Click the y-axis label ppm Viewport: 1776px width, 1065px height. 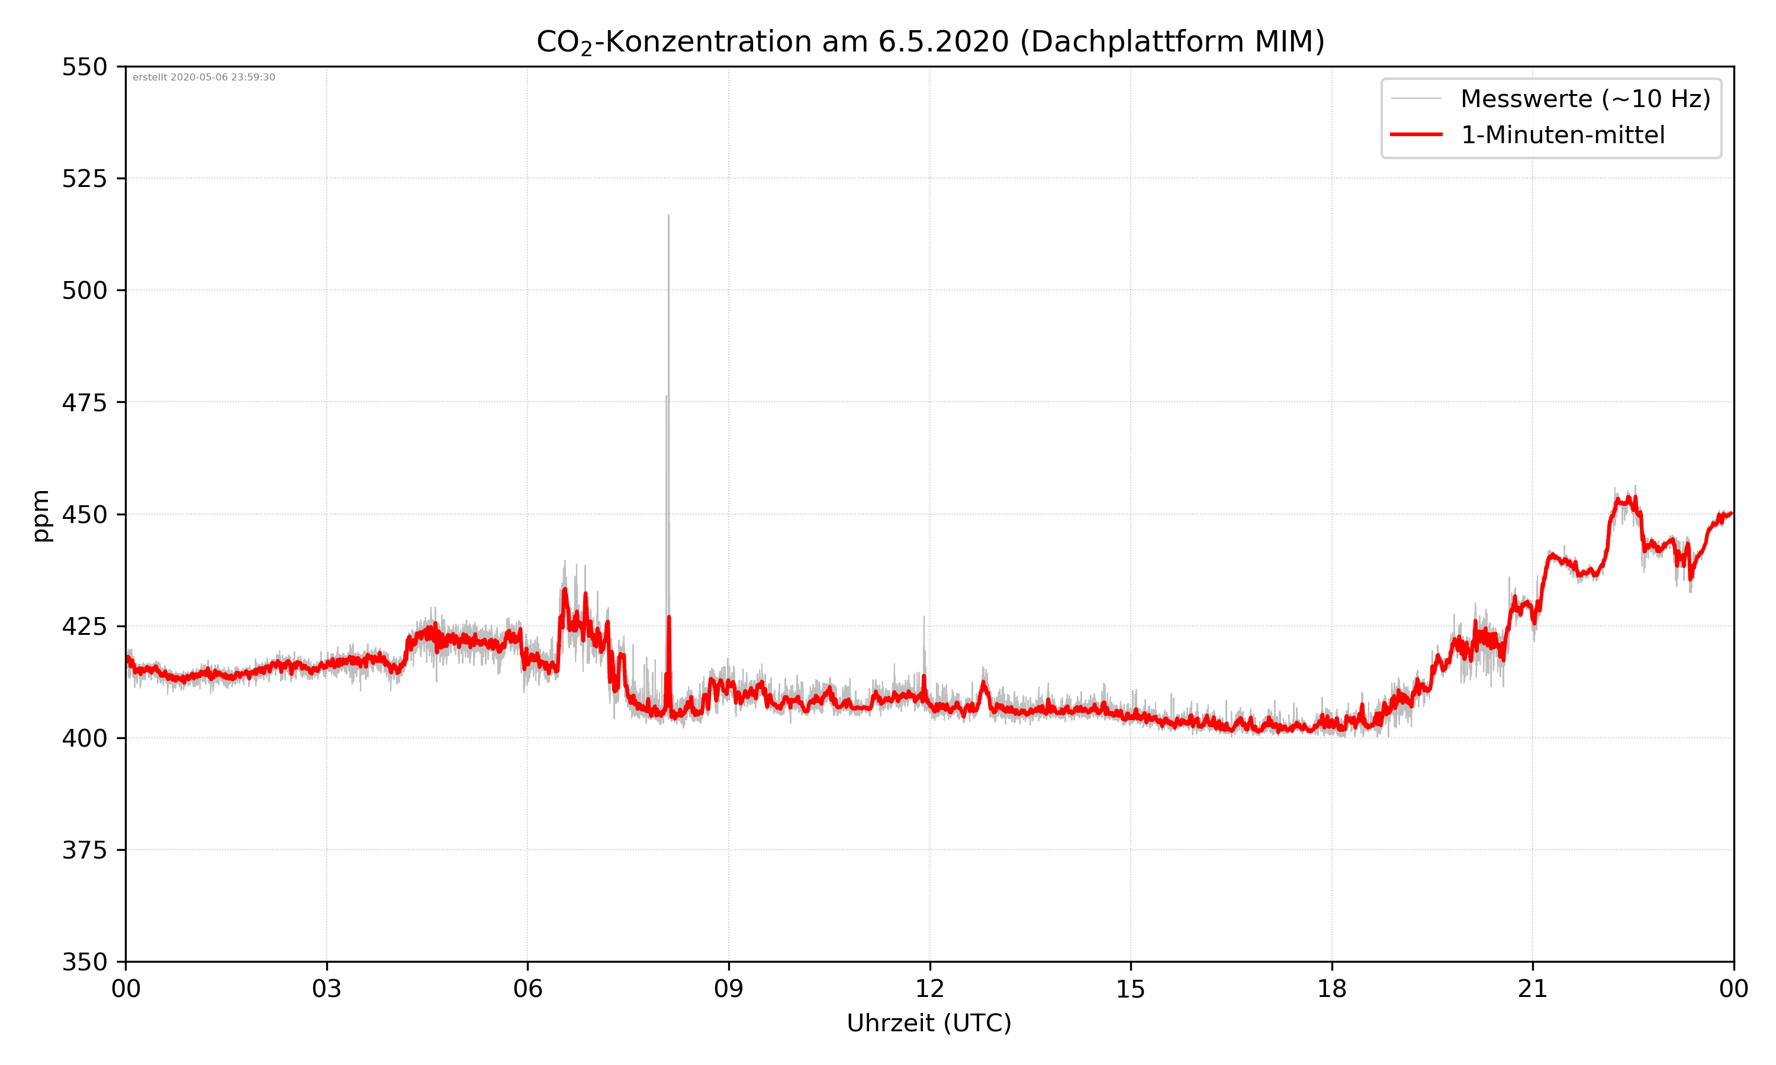[41, 515]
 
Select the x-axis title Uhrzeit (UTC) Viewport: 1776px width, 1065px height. [929, 1022]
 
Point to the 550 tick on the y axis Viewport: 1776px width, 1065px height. [84, 67]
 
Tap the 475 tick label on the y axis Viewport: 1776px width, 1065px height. [84, 402]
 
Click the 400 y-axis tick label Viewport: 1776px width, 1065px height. [84, 738]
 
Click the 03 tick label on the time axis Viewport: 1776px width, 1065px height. [327, 989]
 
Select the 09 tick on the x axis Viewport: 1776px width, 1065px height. [729, 989]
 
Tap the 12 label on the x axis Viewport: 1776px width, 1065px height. [929, 989]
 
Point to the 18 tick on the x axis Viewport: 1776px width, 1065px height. [1331, 989]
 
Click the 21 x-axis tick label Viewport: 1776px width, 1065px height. [1533, 989]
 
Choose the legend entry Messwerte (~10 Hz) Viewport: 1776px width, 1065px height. [1585, 99]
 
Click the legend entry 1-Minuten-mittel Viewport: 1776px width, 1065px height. [1562, 135]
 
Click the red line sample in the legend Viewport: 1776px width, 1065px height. [1415, 134]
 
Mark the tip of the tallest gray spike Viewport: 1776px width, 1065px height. [668, 215]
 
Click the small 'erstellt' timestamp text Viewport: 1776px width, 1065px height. [204, 78]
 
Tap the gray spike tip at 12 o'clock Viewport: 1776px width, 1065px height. [924, 617]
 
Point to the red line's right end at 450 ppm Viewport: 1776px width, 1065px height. [1732, 513]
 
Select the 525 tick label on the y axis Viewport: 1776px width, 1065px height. [84, 179]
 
